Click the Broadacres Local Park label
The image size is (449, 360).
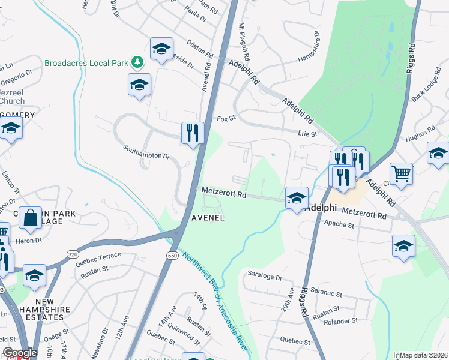pos(88,62)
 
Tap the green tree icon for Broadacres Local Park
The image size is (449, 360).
pos(137,62)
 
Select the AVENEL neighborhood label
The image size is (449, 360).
pos(208,218)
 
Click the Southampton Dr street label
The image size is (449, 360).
pos(146,155)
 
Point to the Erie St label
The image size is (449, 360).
pos(307,134)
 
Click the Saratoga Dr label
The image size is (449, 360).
pos(265,277)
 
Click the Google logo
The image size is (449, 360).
pos(20,353)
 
